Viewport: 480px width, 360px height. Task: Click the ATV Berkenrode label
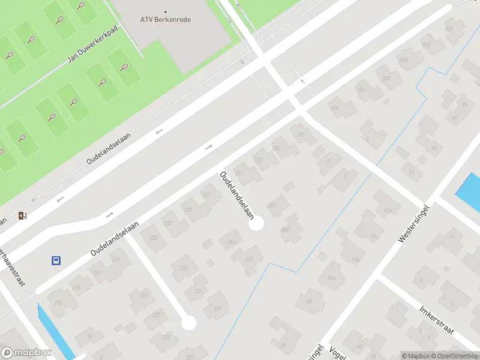click(166, 19)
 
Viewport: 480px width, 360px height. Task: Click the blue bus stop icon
click(55, 260)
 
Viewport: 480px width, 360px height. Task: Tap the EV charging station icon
click(23, 216)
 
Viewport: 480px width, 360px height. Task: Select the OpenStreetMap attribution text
click(454, 356)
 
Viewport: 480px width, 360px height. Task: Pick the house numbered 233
click(184, 268)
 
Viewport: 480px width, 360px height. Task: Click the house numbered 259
click(334, 109)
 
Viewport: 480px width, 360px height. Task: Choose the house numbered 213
click(58, 302)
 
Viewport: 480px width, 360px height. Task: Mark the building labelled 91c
click(375, 236)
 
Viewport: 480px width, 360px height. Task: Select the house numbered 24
click(451, 236)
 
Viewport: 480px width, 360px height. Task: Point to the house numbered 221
click(144, 295)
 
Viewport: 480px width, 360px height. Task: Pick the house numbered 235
click(154, 238)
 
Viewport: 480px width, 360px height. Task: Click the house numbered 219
click(116, 259)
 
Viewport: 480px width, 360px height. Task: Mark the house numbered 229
click(218, 308)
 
